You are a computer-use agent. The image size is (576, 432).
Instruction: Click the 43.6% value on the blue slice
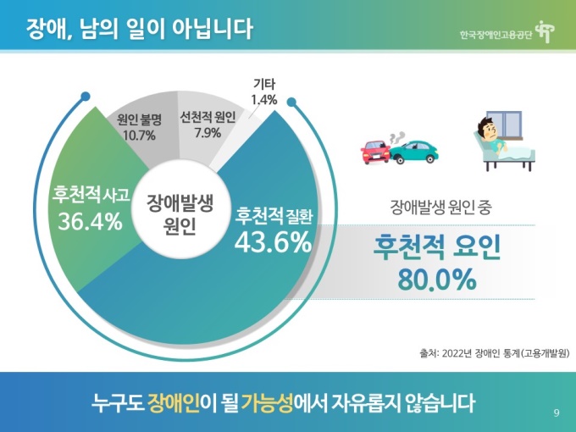point(273,243)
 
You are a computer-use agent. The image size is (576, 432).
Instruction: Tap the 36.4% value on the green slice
point(89,222)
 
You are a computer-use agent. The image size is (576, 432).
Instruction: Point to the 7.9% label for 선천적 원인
point(207,133)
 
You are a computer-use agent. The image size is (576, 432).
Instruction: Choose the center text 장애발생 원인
point(179,215)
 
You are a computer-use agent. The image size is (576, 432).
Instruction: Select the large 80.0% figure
point(436,280)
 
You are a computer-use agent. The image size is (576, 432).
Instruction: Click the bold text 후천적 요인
point(437,247)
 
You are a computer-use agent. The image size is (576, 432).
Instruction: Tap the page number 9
point(556,413)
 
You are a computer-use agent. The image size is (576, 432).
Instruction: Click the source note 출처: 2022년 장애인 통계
point(494,353)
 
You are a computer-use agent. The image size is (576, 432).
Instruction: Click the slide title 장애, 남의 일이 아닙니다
point(139,30)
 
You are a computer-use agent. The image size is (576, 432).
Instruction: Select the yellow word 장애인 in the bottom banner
point(172,402)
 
